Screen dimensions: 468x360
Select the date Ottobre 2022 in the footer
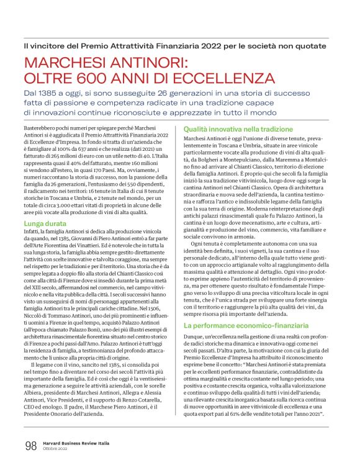click(x=56, y=448)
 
